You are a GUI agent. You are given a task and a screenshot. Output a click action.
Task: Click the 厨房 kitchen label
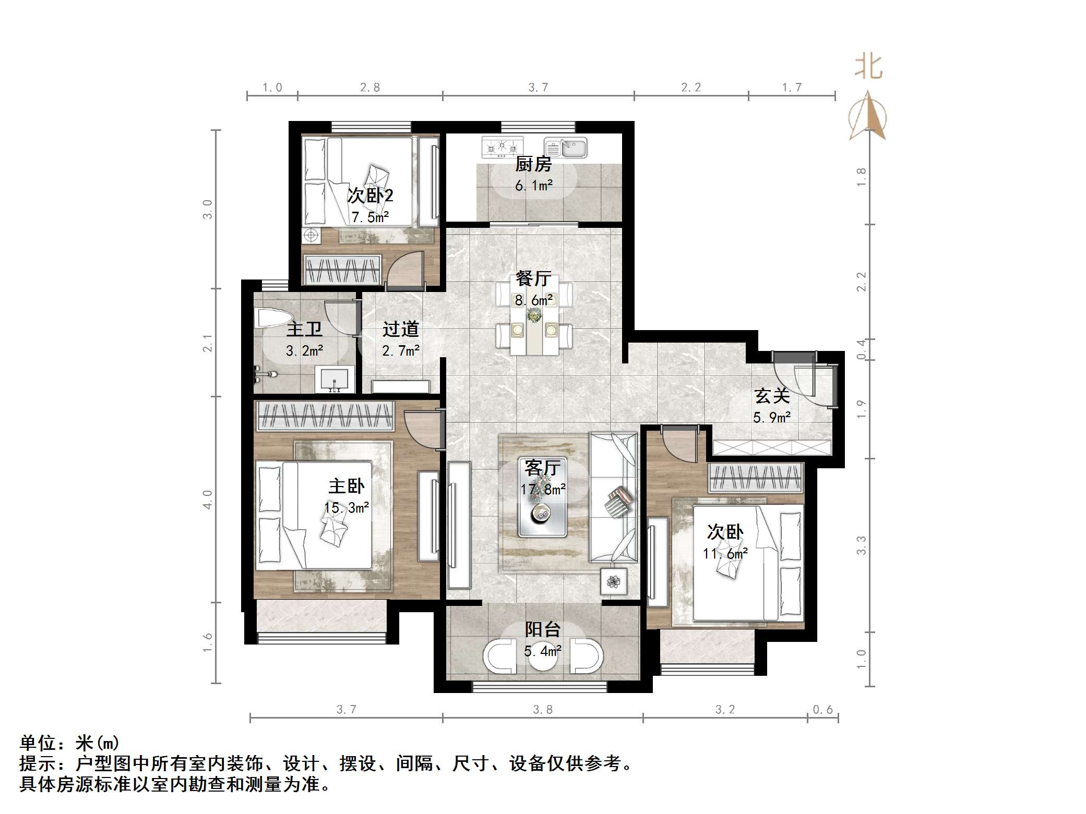pyautogui.click(x=533, y=164)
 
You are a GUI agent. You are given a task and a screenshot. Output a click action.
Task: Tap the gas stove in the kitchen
pyautogui.click(x=502, y=147)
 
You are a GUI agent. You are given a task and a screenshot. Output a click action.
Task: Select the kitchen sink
pyautogui.click(x=566, y=148)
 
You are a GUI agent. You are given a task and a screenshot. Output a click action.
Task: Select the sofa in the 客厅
pyautogui.click(x=613, y=497)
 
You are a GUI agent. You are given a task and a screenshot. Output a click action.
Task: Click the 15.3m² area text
pyautogui.click(x=347, y=507)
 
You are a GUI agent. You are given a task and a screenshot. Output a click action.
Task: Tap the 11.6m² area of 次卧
pyautogui.click(x=725, y=553)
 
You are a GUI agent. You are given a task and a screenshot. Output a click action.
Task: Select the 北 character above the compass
pyautogui.click(x=868, y=67)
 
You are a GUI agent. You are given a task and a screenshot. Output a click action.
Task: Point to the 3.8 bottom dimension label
pyautogui.click(x=543, y=709)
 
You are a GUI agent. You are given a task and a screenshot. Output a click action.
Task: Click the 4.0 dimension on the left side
pyautogui.click(x=208, y=499)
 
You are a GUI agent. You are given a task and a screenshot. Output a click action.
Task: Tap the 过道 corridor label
pyautogui.click(x=400, y=329)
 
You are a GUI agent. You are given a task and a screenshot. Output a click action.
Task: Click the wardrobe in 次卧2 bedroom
pyautogui.click(x=342, y=269)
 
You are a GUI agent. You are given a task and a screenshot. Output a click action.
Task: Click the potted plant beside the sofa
pyautogui.click(x=614, y=580)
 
